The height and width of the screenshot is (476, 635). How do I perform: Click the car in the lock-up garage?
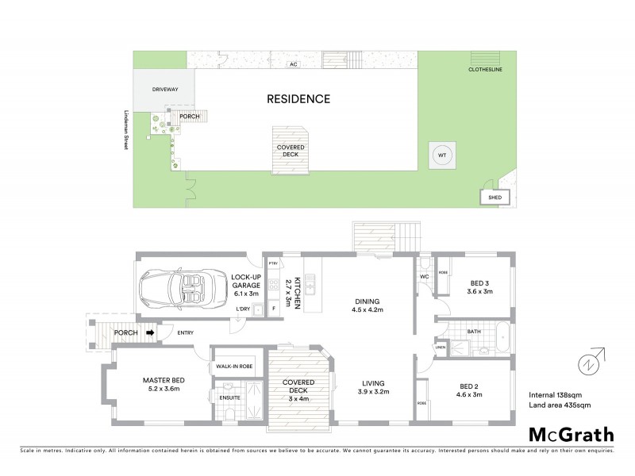coord(177,290)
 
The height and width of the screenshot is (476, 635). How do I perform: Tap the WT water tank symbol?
coord(441,155)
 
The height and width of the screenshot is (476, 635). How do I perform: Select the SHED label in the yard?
coord(495,198)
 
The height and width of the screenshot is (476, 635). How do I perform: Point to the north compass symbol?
coord(588,363)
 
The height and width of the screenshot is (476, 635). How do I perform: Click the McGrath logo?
coord(571,434)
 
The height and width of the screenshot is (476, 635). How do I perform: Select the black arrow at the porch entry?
coord(150,333)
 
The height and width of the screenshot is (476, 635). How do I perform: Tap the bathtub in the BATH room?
coord(503,337)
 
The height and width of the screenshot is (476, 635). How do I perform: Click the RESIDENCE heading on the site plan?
coord(298,99)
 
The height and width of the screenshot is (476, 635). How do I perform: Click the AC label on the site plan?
coord(293,64)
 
